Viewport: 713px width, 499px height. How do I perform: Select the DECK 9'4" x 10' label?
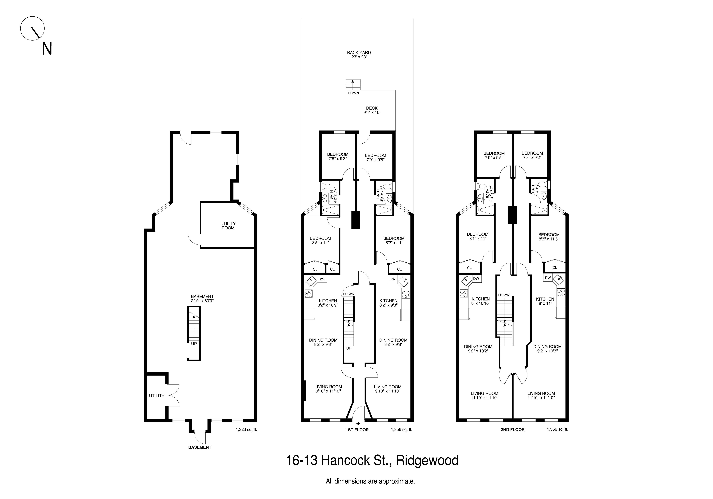372,110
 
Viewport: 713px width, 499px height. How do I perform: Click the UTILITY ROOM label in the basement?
228,226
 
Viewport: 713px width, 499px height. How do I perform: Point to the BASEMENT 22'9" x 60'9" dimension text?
202,299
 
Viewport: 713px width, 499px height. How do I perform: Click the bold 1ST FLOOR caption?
357,430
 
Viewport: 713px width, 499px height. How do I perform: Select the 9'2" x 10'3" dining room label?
547,349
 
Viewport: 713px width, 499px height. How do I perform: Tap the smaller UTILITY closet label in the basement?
156,396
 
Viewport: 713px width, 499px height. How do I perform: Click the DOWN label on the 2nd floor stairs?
504,295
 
